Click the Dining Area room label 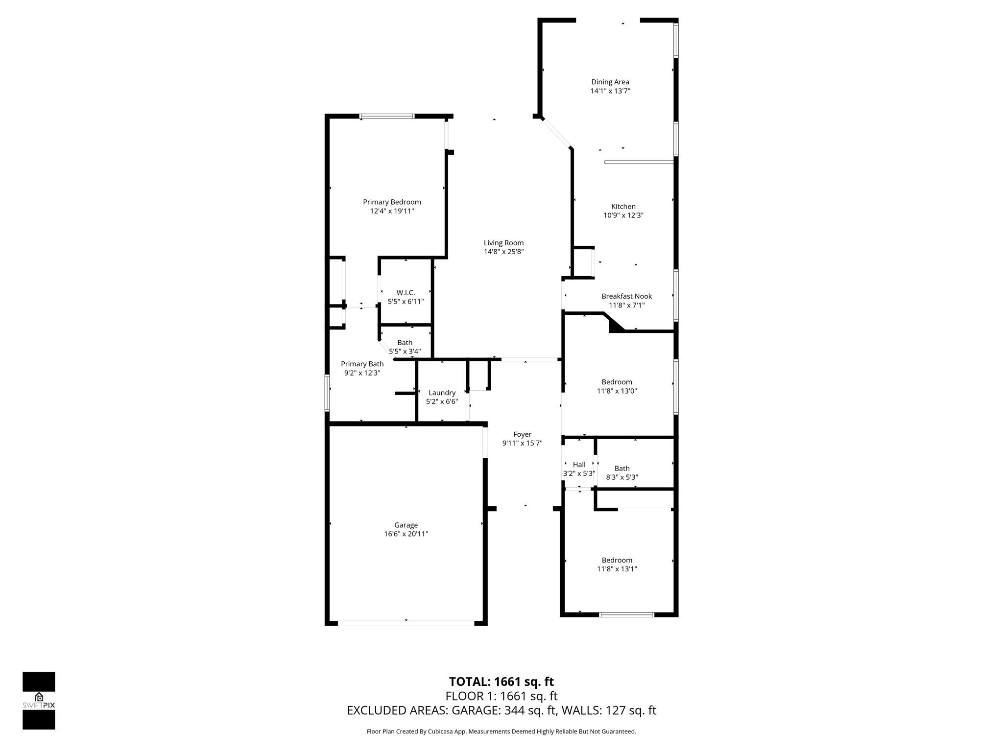(610, 82)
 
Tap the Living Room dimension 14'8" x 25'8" (503, 252)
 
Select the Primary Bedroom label (392, 202)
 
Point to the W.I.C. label (406, 293)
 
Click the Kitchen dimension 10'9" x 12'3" (623, 215)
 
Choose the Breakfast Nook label (626, 296)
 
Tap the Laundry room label (442, 393)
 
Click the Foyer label (522, 434)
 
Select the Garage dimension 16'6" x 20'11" (406, 534)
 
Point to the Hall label (579, 465)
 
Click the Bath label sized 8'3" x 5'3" (622, 469)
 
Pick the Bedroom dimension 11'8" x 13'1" (617, 569)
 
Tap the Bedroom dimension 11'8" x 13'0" (617, 391)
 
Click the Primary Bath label (362, 364)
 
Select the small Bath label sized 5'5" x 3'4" (405, 343)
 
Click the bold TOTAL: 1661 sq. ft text (501, 681)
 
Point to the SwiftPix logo (39, 701)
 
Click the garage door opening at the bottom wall (406, 623)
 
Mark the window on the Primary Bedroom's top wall (387, 117)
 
